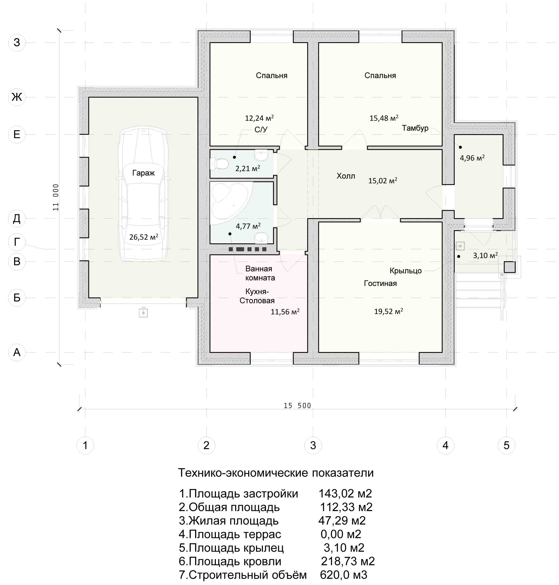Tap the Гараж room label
click(143, 173)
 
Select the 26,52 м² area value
click(144, 237)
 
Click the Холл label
click(346, 176)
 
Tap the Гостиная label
click(380, 283)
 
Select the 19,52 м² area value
click(389, 311)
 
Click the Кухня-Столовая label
click(257, 296)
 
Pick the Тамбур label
click(415, 128)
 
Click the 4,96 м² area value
click(472, 158)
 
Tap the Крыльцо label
click(405, 271)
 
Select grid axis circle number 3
click(313, 445)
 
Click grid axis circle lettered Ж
click(17, 97)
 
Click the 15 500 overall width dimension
click(297, 406)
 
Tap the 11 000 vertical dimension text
click(56, 197)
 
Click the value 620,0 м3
click(344, 575)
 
